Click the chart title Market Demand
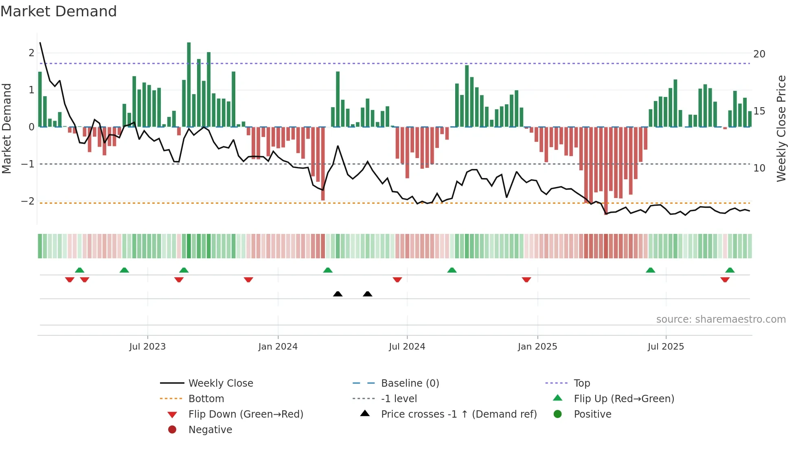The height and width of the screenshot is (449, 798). [x=59, y=11]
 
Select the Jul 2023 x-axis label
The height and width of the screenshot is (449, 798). [x=147, y=347]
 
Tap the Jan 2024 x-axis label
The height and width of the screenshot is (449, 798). [x=278, y=347]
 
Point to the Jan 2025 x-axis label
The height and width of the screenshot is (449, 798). [x=537, y=347]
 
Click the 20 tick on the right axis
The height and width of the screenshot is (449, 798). [x=759, y=54]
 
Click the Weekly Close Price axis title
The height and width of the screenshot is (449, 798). [x=781, y=128]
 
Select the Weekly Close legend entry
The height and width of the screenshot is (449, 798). [x=220, y=383]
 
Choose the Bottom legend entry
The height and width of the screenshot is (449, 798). [x=206, y=399]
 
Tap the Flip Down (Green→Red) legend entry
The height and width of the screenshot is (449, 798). [x=246, y=414]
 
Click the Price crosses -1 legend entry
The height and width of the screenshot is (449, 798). [x=458, y=414]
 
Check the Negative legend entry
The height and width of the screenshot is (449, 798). [x=210, y=430]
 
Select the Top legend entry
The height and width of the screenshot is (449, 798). [x=582, y=383]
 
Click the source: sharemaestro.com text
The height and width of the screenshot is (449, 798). [x=721, y=319]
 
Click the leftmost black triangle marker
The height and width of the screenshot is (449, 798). [x=338, y=294]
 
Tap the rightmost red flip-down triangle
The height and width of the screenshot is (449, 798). [x=725, y=280]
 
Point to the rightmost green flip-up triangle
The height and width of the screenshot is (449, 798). [x=730, y=270]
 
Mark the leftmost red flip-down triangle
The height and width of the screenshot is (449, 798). [x=70, y=280]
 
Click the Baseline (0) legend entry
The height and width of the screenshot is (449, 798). [x=410, y=383]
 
